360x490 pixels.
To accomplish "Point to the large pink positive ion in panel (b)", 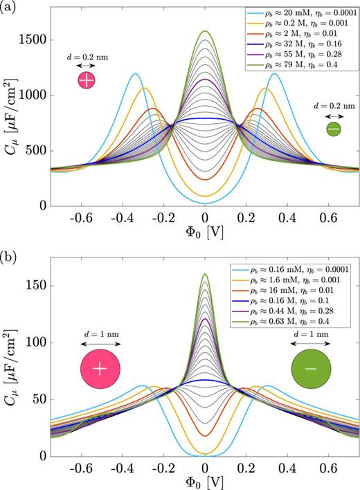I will click(x=100, y=368).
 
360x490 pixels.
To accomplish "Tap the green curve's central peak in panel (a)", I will click(x=205, y=32).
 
